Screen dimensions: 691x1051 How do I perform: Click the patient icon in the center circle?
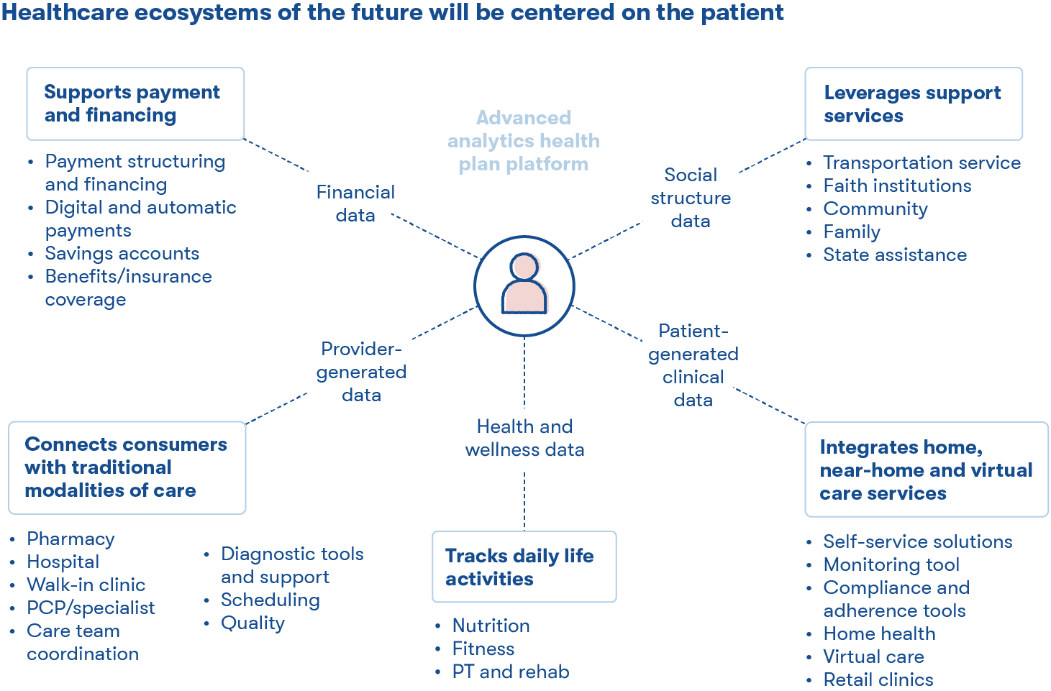(524, 285)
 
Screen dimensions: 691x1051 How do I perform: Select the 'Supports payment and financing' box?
(135, 104)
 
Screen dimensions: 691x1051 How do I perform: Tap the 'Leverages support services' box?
(913, 104)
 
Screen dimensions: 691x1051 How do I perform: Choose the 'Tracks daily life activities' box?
(524, 567)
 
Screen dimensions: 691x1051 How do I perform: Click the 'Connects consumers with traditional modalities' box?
(127, 467)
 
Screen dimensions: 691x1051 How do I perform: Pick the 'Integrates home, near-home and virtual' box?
(926, 470)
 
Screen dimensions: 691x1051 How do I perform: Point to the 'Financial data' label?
(355, 203)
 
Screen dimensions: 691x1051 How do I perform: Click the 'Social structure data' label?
(691, 198)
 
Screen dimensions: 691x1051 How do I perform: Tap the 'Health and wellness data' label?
(524, 438)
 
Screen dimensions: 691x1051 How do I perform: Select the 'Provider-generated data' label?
(361, 372)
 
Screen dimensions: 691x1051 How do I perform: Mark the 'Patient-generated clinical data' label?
(693, 365)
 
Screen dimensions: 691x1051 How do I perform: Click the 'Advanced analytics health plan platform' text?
(524, 141)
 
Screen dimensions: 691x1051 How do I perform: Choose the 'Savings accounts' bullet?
(122, 253)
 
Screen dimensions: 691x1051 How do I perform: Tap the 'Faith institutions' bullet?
(897, 186)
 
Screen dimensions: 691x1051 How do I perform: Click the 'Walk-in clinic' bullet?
(86, 585)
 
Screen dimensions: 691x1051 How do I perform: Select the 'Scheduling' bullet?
(270, 600)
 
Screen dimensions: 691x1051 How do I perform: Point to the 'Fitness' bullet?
(483, 649)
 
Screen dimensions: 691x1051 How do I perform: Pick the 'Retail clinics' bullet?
(878, 679)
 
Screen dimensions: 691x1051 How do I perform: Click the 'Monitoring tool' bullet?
(891, 564)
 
